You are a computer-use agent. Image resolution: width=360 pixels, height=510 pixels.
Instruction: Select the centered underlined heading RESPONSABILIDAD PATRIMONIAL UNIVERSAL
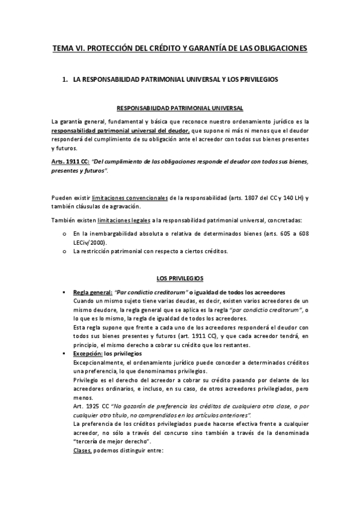[x=180, y=108]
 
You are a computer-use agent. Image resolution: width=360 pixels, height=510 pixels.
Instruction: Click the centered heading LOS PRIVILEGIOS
[x=180, y=278]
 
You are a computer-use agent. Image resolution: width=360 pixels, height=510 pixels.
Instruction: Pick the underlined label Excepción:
[x=87, y=353]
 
